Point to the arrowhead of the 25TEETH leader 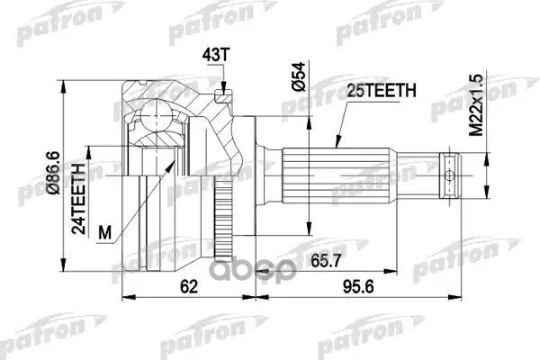(x=335, y=145)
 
